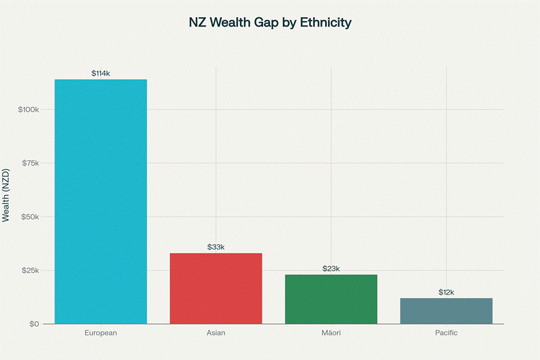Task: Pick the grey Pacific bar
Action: click(x=446, y=311)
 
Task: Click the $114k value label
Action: click(x=101, y=73)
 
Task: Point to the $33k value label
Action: click(x=215, y=247)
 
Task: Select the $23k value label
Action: click(x=331, y=269)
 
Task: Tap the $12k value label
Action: click(x=446, y=292)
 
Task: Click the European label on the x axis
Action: click(x=101, y=333)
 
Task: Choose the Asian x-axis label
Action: click(x=215, y=333)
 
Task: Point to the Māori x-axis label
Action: click(x=331, y=333)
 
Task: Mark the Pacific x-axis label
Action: click(x=446, y=333)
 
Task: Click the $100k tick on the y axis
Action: click(x=33, y=110)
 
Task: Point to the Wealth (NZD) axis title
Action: click(x=6, y=194)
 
